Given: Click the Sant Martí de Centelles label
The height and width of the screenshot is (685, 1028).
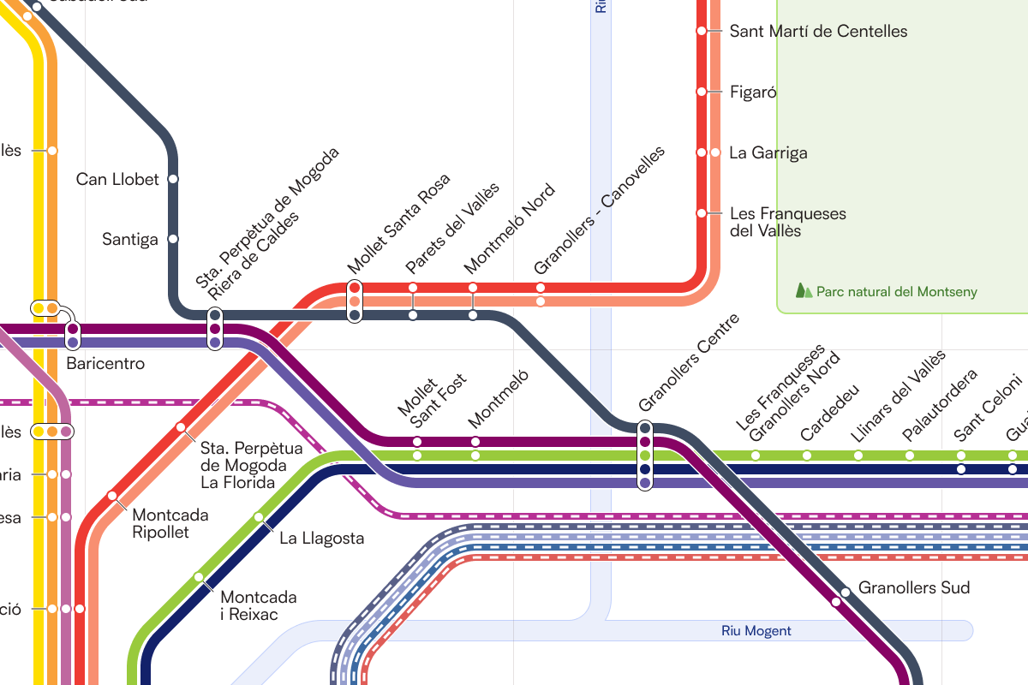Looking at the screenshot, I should (x=818, y=32).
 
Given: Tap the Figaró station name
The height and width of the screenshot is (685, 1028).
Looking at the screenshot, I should (x=753, y=92).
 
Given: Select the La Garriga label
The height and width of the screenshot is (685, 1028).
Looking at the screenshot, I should (x=768, y=153).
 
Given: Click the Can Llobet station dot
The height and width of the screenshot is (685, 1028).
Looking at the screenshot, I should (x=173, y=179).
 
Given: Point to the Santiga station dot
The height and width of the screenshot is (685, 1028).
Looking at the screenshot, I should (x=173, y=239).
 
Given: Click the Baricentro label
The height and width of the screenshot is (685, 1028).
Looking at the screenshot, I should (x=105, y=364).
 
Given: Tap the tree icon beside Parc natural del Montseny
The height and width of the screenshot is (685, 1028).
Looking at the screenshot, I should (x=804, y=291).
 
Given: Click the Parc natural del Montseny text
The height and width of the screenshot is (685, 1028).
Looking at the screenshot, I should (x=896, y=292).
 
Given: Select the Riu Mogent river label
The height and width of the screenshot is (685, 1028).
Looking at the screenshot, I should (x=756, y=631).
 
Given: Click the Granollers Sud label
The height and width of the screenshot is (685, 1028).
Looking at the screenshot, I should (x=914, y=588).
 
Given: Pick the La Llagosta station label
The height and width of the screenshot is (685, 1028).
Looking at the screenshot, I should (x=321, y=539).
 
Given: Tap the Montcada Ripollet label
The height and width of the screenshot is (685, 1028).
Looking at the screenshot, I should (x=170, y=523).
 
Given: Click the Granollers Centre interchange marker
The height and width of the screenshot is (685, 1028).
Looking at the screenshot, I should (x=645, y=456).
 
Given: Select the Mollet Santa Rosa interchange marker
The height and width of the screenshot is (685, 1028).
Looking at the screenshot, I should (x=355, y=301).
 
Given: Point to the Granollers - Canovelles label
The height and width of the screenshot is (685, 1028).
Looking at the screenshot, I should (x=599, y=210).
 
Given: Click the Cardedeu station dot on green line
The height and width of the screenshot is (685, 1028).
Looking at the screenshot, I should (x=807, y=456).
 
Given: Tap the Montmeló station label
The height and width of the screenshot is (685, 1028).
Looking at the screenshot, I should (x=499, y=399).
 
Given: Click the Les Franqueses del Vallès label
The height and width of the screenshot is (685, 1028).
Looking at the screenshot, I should (x=787, y=222).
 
